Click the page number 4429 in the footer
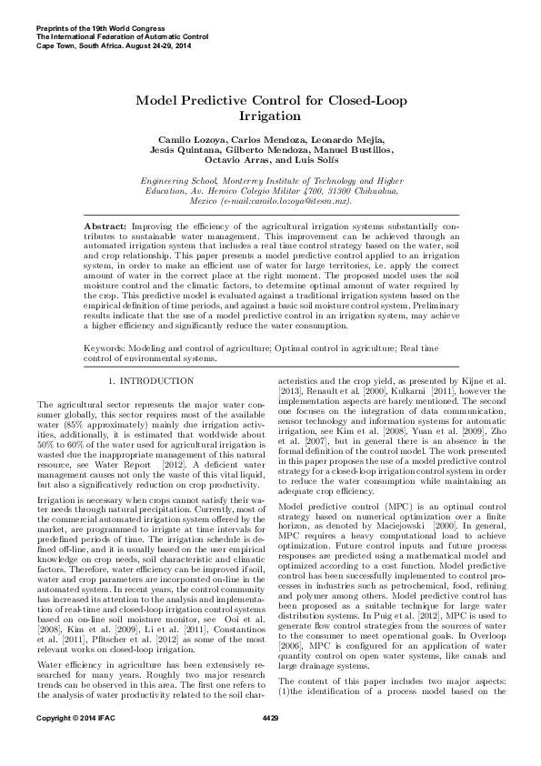tap(270, 745)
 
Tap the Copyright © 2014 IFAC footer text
tap(71, 745)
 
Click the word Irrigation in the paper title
tap(270, 117)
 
